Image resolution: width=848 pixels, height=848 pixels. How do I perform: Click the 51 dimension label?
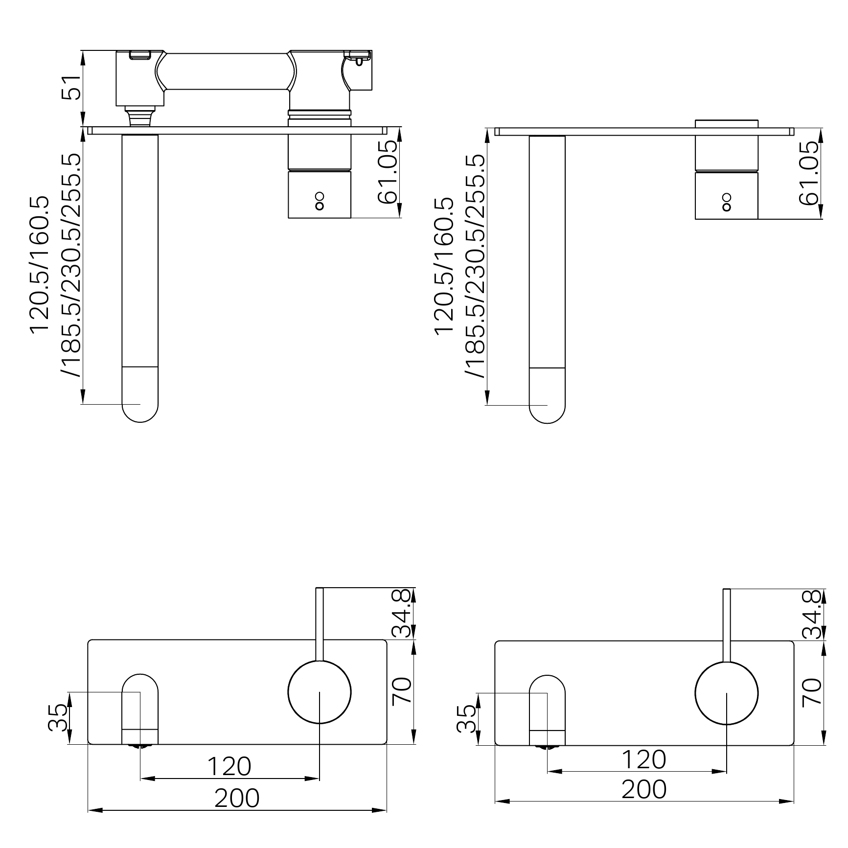[71, 88]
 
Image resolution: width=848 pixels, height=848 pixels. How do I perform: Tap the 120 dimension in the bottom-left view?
[229, 766]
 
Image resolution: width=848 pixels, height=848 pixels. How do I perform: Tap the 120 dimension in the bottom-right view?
[644, 759]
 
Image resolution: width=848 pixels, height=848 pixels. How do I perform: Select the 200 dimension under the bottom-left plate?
[237, 798]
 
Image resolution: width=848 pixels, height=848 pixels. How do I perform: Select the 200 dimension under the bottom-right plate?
[644, 789]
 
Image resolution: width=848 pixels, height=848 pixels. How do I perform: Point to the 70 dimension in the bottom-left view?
[403, 690]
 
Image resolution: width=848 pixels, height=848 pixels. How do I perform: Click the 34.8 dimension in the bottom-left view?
[403, 613]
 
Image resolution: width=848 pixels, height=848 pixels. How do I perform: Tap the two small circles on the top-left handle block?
[320, 201]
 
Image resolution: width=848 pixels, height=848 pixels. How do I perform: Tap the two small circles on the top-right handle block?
[727, 202]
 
